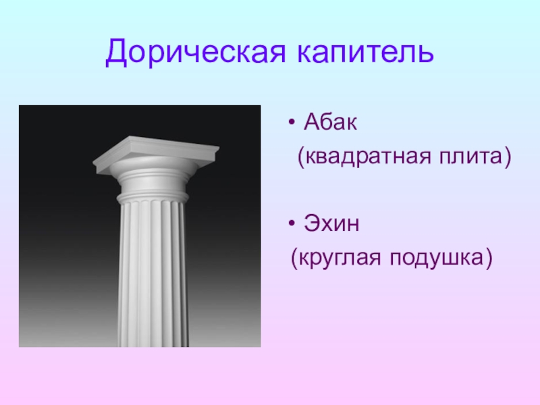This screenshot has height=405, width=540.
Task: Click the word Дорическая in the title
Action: [195, 52]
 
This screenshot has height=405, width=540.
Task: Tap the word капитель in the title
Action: [365, 52]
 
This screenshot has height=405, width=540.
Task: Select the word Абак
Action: [330, 122]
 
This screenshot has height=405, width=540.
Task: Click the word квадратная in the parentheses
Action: [368, 157]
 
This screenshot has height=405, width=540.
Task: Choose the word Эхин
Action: [331, 223]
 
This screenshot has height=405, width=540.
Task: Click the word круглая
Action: [340, 258]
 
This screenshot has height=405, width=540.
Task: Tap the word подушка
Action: [437, 258]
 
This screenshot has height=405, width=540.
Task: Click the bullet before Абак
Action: [292, 122]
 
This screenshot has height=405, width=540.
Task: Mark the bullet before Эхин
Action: [292, 223]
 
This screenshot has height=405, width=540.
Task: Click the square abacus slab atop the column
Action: [156, 154]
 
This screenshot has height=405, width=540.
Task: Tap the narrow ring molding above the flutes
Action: [153, 198]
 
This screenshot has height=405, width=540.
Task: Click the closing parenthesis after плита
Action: [508, 157]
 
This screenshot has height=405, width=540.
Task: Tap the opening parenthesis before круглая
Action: [294, 259]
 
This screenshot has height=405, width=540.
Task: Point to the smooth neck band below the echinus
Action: [153, 186]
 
